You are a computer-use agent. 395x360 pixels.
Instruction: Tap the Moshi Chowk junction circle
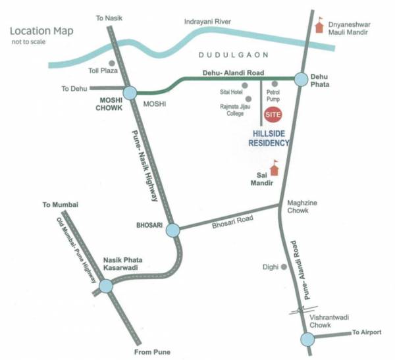tap(128, 93)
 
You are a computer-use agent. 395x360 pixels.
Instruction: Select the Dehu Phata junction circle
tap(302, 79)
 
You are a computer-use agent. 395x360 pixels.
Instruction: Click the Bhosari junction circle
tap(172, 230)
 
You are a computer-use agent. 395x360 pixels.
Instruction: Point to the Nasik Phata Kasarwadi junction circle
tap(105, 286)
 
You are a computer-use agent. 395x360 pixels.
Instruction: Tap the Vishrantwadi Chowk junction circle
tap(307, 339)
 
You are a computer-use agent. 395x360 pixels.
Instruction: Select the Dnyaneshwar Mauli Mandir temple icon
tap(321, 25)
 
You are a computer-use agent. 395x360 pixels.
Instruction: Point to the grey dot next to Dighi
tap(284, 267)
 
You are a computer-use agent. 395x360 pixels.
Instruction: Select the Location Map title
tap(41, 31)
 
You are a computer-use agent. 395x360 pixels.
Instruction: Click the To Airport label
tap(366, 332)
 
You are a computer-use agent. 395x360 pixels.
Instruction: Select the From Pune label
tap(152, 353)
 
